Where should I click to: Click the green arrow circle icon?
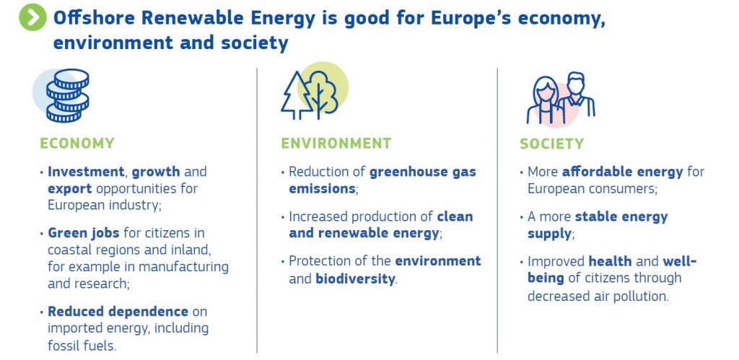(32, 17)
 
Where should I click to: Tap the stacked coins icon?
(67, 96)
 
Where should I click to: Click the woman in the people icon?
(545, 100)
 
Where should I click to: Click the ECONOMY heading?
(76, 144)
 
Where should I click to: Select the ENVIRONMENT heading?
(336, 144)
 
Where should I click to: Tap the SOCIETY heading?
(552, 144)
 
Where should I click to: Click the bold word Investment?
(87, 172)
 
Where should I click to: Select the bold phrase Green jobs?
(85, 233)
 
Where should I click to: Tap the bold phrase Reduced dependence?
(118, 312)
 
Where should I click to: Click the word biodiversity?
(355, 278)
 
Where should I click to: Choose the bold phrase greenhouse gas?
(423, 172)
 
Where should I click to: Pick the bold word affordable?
(622, 172)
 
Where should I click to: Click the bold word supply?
(549, 234)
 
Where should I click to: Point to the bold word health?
(611, 261)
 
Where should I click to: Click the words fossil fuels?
(81, 346)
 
